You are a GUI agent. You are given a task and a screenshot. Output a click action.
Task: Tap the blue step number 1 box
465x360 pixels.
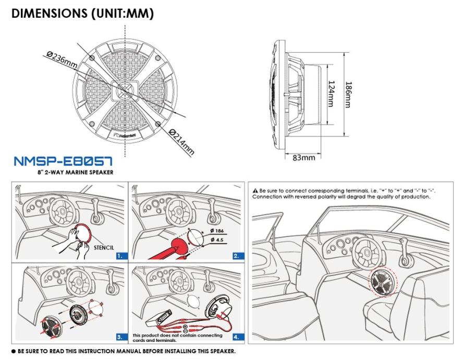pyautogui.click(x=120, y=256)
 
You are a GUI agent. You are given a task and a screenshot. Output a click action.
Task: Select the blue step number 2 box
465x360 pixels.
pyautogui.click(x=237, y=256)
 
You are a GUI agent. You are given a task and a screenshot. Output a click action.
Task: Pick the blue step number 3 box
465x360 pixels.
pyautogui.click(x=120, y=337)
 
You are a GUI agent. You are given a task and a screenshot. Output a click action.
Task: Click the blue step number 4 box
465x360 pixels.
pyautogui.click(x=237, y=337)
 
